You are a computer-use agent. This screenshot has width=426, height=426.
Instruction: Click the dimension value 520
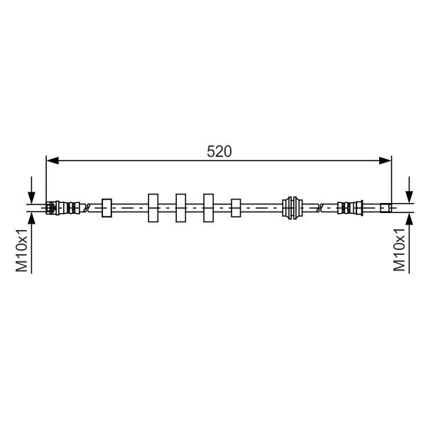(219, 152)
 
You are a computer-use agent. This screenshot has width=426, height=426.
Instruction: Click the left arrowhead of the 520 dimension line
(53, 160)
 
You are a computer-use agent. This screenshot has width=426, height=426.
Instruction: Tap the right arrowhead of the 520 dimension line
(385, 160)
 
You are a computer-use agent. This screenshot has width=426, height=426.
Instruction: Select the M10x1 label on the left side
(22, 250)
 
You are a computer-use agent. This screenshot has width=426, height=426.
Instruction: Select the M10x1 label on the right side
(399, 249)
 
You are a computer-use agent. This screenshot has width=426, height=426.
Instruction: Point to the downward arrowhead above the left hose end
(31, 197)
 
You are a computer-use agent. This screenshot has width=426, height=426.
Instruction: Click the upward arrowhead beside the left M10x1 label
(31, 218)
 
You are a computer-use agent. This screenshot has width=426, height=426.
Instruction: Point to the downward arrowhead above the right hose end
(409, 197)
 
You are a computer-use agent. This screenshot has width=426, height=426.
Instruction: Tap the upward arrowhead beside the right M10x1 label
(409, 219)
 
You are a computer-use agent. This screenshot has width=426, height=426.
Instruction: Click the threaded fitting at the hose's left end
(62, 208)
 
